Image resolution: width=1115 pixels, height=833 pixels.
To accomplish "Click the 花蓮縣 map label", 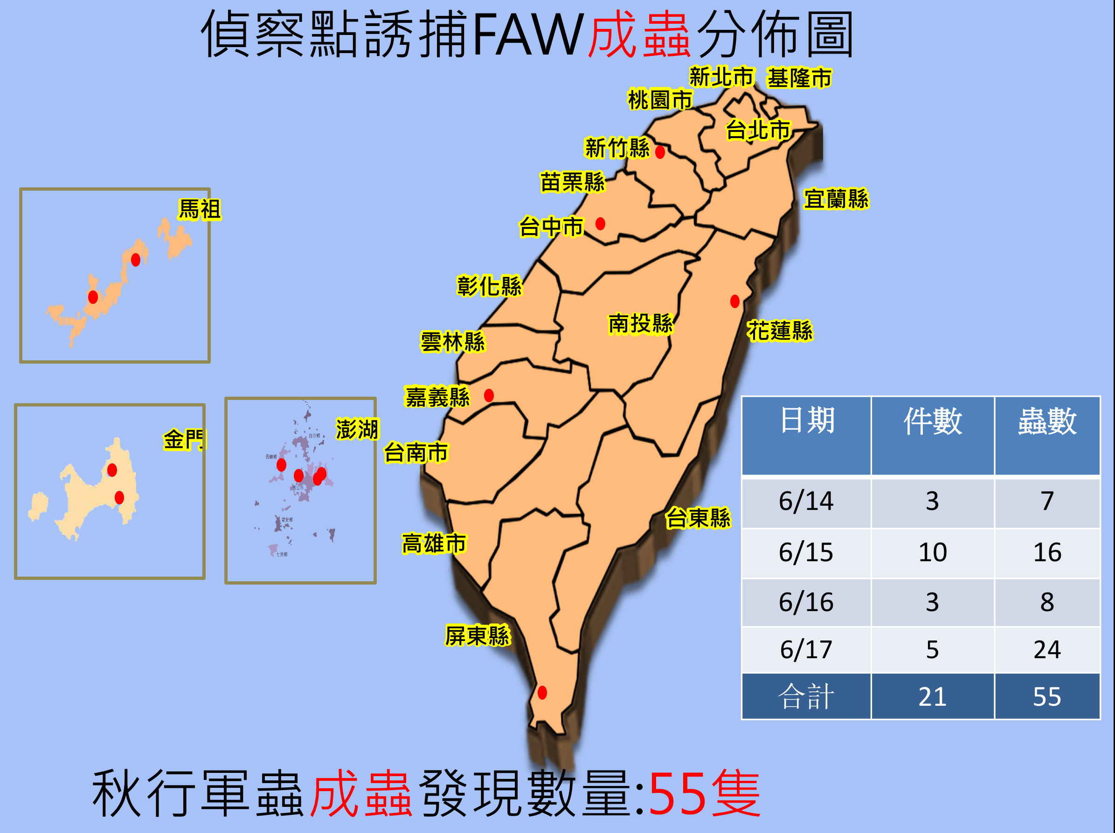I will [779, 330].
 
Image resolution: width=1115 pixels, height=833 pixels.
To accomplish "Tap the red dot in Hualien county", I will [734, 301].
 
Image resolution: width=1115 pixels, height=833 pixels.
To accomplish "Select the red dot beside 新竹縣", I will [660, 151].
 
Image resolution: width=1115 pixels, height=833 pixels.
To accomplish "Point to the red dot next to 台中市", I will [600, 223].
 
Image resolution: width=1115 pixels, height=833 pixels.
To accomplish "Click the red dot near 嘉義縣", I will [488, 395].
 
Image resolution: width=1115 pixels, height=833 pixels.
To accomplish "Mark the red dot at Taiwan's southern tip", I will [542, 692].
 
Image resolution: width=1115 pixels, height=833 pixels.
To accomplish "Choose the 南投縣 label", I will [641, 324].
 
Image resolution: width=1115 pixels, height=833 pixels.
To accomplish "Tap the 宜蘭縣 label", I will [836, 199].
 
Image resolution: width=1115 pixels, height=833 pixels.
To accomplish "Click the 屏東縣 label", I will [478, 635].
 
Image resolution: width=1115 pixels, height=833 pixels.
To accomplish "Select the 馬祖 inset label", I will [200, 209].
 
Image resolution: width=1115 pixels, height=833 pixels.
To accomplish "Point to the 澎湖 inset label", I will [357, 429].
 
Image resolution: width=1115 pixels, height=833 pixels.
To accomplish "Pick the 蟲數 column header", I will [1047, 421].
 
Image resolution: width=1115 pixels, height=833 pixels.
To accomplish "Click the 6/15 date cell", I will [806, 552].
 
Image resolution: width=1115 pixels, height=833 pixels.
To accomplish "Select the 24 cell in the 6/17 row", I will [1047, 649].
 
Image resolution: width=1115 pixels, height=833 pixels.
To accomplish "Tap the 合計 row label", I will [806, 696].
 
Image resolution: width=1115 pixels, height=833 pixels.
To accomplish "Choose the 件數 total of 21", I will [932, 696].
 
